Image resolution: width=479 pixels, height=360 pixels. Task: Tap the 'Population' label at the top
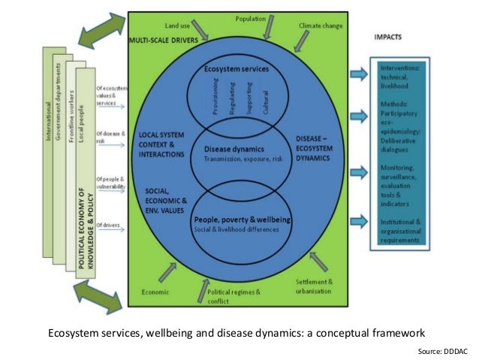(x=250, y=17)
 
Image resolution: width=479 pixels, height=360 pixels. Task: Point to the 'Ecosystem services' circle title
(x=237, y=69)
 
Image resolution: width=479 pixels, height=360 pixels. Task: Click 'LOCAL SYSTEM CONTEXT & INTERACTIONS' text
(x=161, y=144)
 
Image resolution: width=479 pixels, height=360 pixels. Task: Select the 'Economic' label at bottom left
(x=155, y=291)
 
